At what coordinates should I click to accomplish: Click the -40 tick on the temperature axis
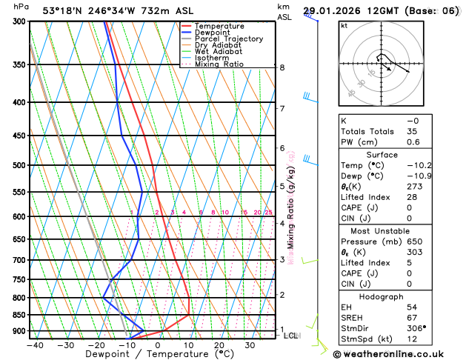(34, 345)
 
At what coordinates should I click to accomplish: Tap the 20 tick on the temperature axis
(219, 345)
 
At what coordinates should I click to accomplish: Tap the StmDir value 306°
(417, 328)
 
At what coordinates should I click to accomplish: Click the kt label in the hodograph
(344, 26)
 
